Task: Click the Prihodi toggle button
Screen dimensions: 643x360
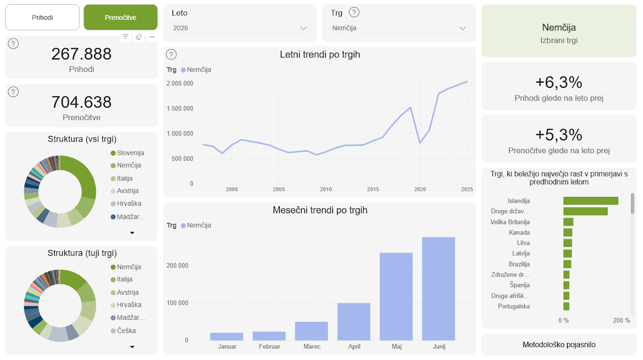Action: click(42, 17)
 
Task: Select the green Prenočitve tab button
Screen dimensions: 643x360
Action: click(121, 17)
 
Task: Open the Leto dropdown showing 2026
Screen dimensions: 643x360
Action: click(240, 28)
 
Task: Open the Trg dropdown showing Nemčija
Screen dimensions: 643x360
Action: click(399, 28)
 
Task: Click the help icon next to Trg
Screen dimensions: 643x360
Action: click(354, 13)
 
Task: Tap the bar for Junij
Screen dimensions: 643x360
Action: click(438, 289)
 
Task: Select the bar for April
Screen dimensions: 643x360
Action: click(354, 322)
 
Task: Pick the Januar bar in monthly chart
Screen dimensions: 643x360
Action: click(227, 336)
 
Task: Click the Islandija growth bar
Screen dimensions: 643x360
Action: click(590, 201)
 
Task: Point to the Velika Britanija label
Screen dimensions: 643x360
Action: click(510, 222)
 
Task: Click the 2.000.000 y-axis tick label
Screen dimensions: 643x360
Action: click(180, 84)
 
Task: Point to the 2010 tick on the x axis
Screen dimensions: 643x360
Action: click(326, 189)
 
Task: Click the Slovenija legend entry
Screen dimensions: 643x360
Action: click(127, 153)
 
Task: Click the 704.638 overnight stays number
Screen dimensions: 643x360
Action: click(81, 102)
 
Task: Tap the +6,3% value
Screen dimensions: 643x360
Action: click(558, 82)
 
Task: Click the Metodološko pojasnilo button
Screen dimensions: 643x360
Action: click(559, 344)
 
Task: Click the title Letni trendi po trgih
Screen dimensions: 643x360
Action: click(320, 55)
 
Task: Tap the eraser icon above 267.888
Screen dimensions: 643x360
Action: click(139, 37)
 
